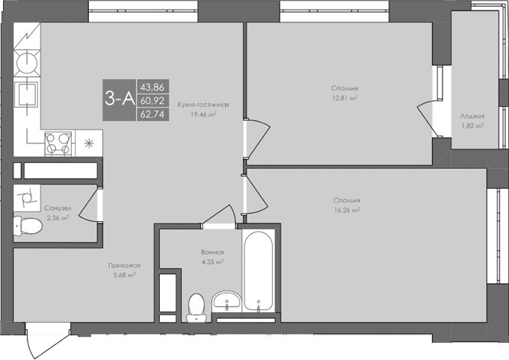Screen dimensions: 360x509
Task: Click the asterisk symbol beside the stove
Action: click(x=89, y=143)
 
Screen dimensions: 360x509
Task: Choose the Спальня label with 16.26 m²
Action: click(x=347, y=201)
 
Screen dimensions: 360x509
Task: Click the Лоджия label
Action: click(x=472, y=117)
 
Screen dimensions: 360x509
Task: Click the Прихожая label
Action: click(x=122, y=265)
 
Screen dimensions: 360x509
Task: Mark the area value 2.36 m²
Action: click(x=58, y=218)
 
